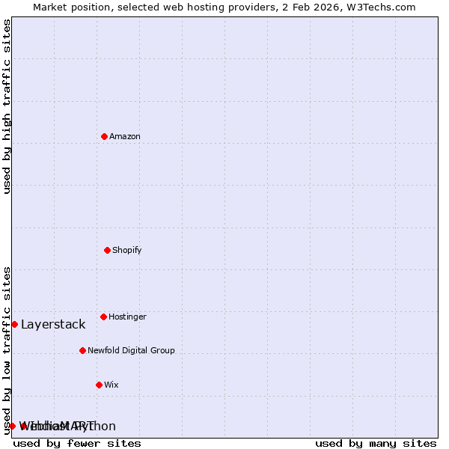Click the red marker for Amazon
click(x=104, y=136)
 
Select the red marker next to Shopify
click(x=107, y=250)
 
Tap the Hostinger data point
click(x=103, y=317)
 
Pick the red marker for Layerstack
click(x=14, y=324)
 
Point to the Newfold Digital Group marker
click(x=82, y=350)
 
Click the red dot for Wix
click(x=99, y=385)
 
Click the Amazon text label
click(x=125, y=136)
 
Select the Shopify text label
click(x=127, y=250)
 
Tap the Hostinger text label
click(x=127, y=317)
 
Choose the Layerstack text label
click(x=53, y=324)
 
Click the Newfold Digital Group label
click(x=131, y=350)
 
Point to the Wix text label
click(x=112, y=385)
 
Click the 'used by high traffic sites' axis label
click(x=7, y=106)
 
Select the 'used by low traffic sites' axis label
click(x=7, y=349)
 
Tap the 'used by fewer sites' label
click(x=77, y=443)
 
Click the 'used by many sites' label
click(x=376, y=443)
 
